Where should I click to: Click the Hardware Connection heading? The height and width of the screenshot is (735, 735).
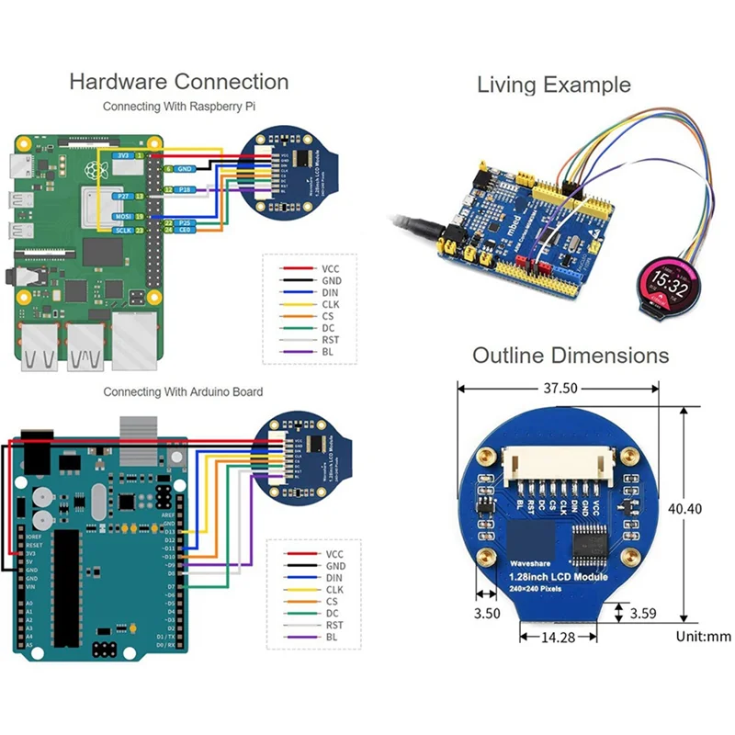pos(178,82)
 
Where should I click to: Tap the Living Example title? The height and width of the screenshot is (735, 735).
pos(553,85)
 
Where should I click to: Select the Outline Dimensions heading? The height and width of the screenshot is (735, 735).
pos(571,356)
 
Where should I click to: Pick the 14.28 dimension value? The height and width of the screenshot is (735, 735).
pos(557,637)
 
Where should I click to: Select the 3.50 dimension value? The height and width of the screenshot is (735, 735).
pos(486,612)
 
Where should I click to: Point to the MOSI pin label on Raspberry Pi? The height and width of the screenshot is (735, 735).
pos(121,216)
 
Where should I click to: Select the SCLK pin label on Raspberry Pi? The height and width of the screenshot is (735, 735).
pos(120,231)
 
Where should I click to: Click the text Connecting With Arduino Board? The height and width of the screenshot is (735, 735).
pos(183,392)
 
